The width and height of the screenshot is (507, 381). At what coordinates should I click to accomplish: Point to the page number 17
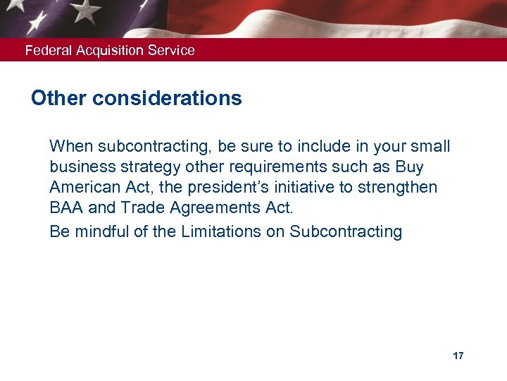coord(458,356)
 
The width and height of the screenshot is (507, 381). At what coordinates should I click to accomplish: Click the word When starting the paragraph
coord(71,147)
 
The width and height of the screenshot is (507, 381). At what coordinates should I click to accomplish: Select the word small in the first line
coord(431,147)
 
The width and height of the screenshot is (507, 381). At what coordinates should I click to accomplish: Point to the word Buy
coord(409,167)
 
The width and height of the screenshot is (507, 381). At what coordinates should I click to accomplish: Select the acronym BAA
coord(66,209)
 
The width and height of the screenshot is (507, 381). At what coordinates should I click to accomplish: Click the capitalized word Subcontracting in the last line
coord(346,231)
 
